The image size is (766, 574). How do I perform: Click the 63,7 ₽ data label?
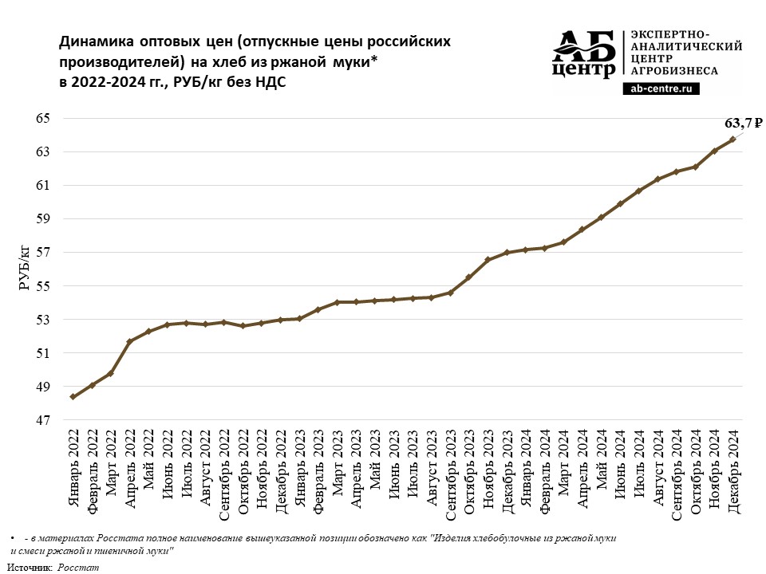743,124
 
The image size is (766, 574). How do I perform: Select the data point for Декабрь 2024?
732,139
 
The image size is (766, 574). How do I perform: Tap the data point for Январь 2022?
73,397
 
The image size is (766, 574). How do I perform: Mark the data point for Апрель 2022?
129,342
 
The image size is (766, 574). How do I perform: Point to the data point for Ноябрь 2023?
488,260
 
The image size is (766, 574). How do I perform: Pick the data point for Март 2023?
337,302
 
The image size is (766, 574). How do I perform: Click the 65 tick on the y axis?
42,119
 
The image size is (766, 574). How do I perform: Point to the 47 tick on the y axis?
42,420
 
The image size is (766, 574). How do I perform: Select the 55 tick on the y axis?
42,286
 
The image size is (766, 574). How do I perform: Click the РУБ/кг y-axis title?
25,269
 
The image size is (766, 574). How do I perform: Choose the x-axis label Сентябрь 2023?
450,475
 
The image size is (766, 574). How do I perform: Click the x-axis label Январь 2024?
525,469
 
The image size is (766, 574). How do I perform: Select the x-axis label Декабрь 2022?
280,471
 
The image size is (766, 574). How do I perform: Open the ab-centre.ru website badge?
661,88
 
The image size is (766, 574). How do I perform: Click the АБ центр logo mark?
584,53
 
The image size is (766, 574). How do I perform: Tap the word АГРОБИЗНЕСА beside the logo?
674,71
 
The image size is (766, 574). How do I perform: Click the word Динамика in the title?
97,41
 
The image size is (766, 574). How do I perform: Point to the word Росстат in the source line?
78,568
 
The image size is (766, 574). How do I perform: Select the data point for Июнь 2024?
619,204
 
